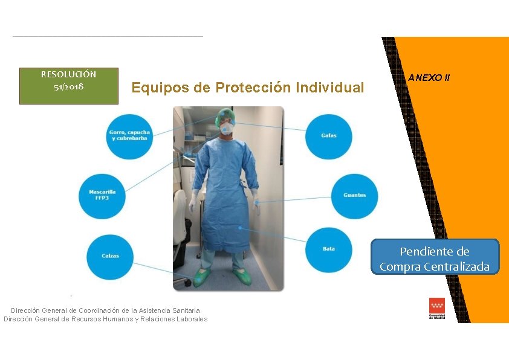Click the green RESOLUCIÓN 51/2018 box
(x=68, y=85)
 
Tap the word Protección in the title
(x=253, y=88)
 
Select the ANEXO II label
(x=429, y=78)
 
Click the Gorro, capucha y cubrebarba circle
(x=129, y=136)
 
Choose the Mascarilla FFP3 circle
(x=102, y=195)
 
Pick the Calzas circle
(x=109, y=256)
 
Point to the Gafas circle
(x=329, y=136)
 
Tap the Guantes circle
(x=354, y=196)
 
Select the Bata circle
(x=329, y=249)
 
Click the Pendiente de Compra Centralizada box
(x=435, y=259)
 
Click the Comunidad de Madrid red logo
(x=436, y=307)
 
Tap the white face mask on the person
(x=227, y=128)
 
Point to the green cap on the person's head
(x=225, y=114)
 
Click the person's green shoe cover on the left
(x=203, y=278)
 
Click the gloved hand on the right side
(x=256, y=198)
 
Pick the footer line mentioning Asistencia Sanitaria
(x=105, y=310)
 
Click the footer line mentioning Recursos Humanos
(x=105, y=319)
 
